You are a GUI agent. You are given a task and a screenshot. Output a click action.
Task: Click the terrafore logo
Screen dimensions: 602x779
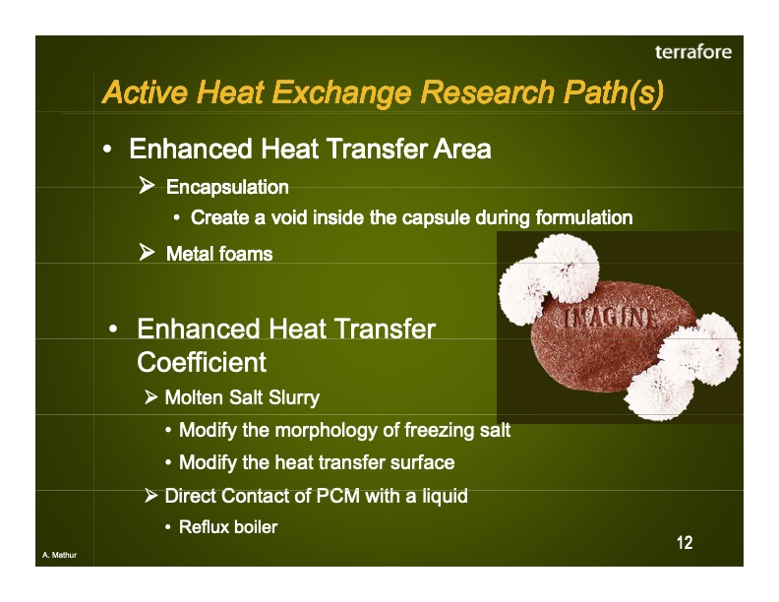click(x=692, y=52)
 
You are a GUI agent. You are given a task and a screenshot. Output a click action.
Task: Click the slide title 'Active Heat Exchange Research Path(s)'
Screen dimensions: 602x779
click(x=383, y=93)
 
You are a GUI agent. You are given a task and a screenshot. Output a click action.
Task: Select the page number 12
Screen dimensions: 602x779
click(x=685, y=543)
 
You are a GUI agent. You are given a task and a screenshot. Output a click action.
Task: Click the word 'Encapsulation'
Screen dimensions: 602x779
click(x=227, y=187)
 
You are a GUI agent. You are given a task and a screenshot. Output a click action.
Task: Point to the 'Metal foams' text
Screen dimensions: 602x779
click(x=218, y=254)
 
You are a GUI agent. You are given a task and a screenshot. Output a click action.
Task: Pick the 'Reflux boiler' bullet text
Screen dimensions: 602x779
click(x=228, y=527)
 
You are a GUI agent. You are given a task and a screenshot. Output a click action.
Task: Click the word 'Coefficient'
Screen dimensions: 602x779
click(x=202, y=362)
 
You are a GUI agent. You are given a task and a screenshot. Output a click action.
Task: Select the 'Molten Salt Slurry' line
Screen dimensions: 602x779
click(x=241, y=397)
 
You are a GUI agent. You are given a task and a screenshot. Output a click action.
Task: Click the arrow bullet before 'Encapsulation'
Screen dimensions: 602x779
click(x=148, y=186)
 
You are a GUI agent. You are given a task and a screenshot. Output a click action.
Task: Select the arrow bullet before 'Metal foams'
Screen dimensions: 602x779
click(x=148, y=253)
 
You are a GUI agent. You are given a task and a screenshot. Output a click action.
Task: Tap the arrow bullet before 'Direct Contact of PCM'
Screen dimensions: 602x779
click(x=151, y=496)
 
